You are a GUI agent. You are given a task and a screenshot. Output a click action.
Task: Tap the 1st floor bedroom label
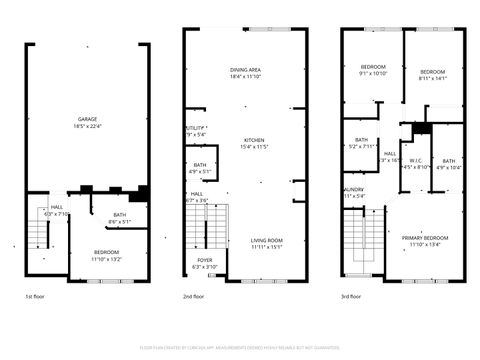pyautogui.click(x=106, y=252)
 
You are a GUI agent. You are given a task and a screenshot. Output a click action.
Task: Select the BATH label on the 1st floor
pyautogui.click(x=119, y=215)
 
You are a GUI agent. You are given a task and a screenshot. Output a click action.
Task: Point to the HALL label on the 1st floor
pyautogui.click(x=56, y=207)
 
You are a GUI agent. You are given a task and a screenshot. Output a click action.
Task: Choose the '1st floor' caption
pyautogui.click(x=35, y=297)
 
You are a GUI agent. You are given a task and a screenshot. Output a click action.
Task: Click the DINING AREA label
pyautogui.click(x=245, y=70)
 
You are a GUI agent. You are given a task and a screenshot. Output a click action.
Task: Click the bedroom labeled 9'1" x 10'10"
pyautogui.click(x=372, y=69)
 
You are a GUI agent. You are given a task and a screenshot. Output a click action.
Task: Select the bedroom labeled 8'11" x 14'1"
pyautogui.click(x=432, y=72)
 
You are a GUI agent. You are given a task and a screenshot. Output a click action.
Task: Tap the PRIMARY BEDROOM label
pyautogui.click(x=425, y=238)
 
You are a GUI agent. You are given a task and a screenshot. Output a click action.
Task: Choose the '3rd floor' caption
pyautogui.click(x=350, y=297)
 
